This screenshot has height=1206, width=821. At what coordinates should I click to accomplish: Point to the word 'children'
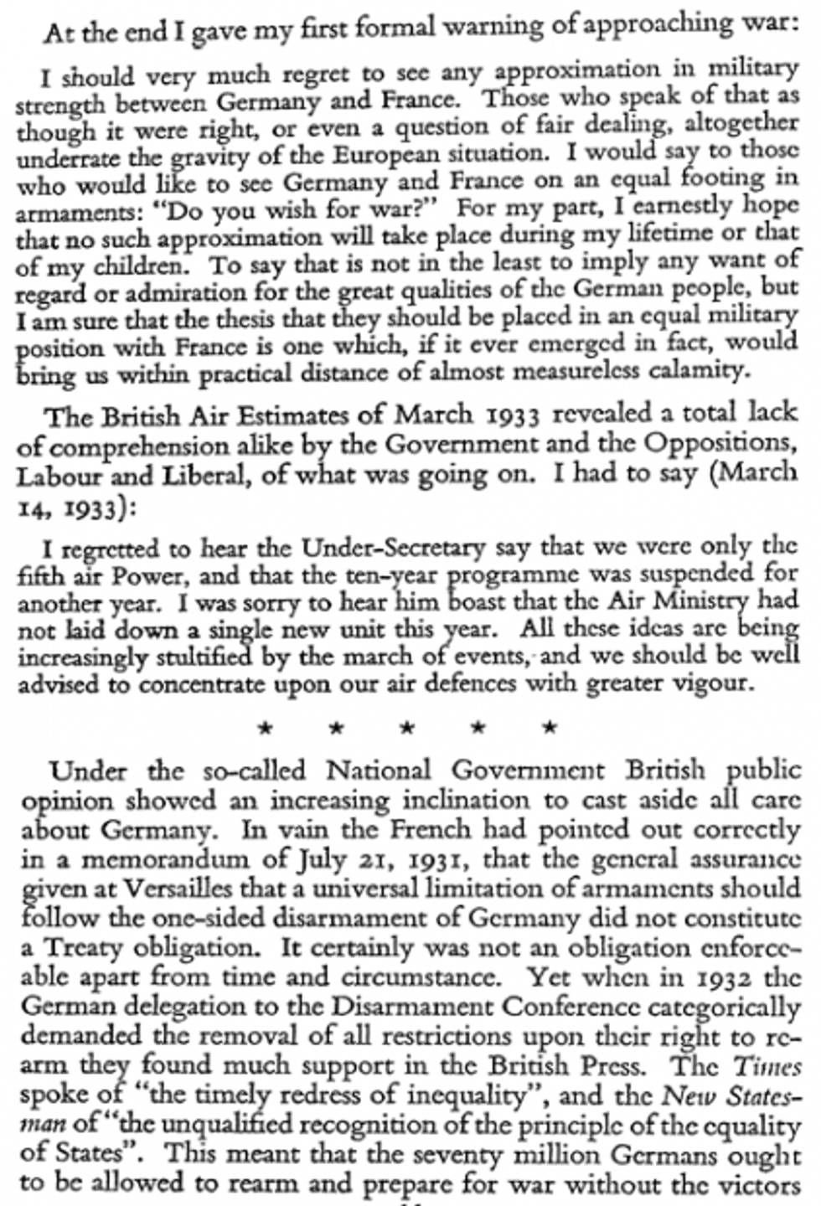(x=132, y=265)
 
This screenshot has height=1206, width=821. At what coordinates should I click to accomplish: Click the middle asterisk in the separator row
(x=407, y=729)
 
